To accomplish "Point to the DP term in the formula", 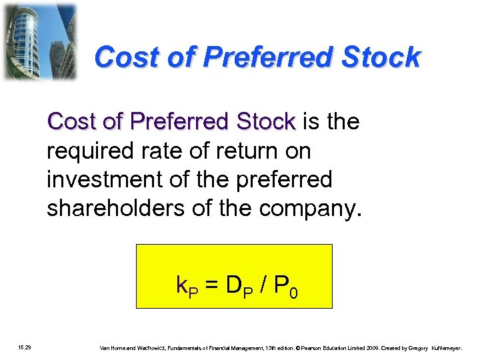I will pyautogui.click(x=239, y=287).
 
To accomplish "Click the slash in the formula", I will pyautogui.click(x=265, y=287).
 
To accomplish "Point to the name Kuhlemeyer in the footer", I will pyautogui.click(x=451, y=347).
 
